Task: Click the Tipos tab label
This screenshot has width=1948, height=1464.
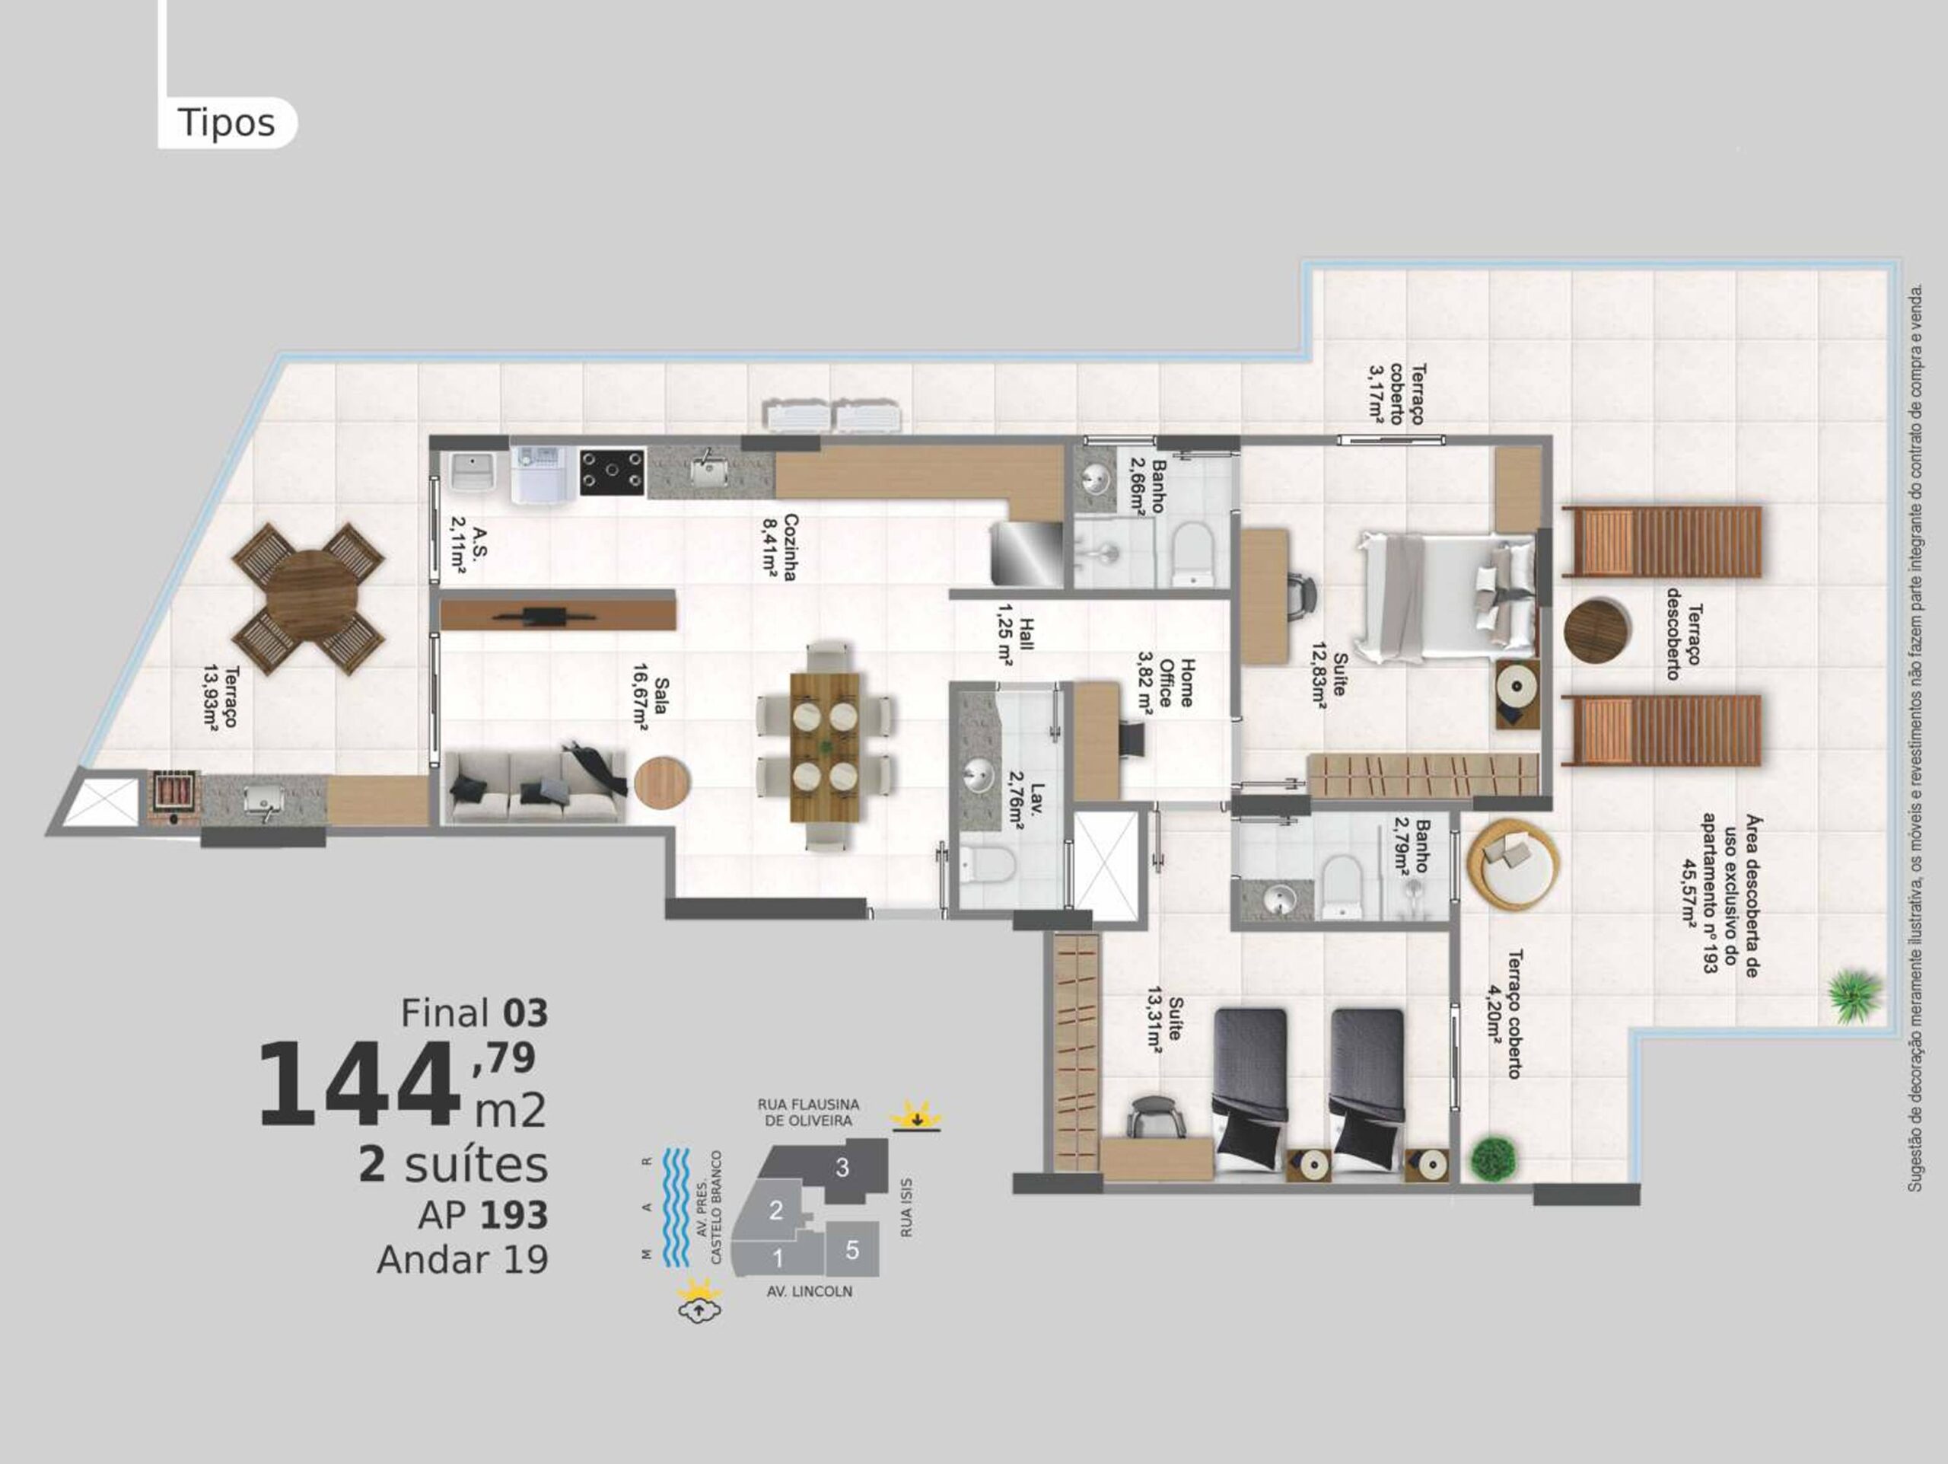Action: click(226, 123)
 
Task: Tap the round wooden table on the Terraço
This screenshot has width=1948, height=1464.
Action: click(308, 598)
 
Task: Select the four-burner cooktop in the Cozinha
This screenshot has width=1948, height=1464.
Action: click(611, 471)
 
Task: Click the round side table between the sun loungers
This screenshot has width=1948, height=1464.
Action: click(1596, 630)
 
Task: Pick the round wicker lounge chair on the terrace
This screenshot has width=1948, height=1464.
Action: click(1513, 860)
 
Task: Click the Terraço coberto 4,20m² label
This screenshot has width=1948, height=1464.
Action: click(1504, 1013)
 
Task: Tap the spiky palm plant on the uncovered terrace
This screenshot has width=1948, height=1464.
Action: click(1855, 995)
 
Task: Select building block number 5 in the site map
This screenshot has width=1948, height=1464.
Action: click(851, 1249)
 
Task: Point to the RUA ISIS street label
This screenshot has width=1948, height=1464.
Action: click(906, 1207)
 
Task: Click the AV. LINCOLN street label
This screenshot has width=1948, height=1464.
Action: click(810, 1291)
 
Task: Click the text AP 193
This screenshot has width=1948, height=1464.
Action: click(482, 1215)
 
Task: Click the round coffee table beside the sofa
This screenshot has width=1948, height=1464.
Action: click(662, 782)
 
